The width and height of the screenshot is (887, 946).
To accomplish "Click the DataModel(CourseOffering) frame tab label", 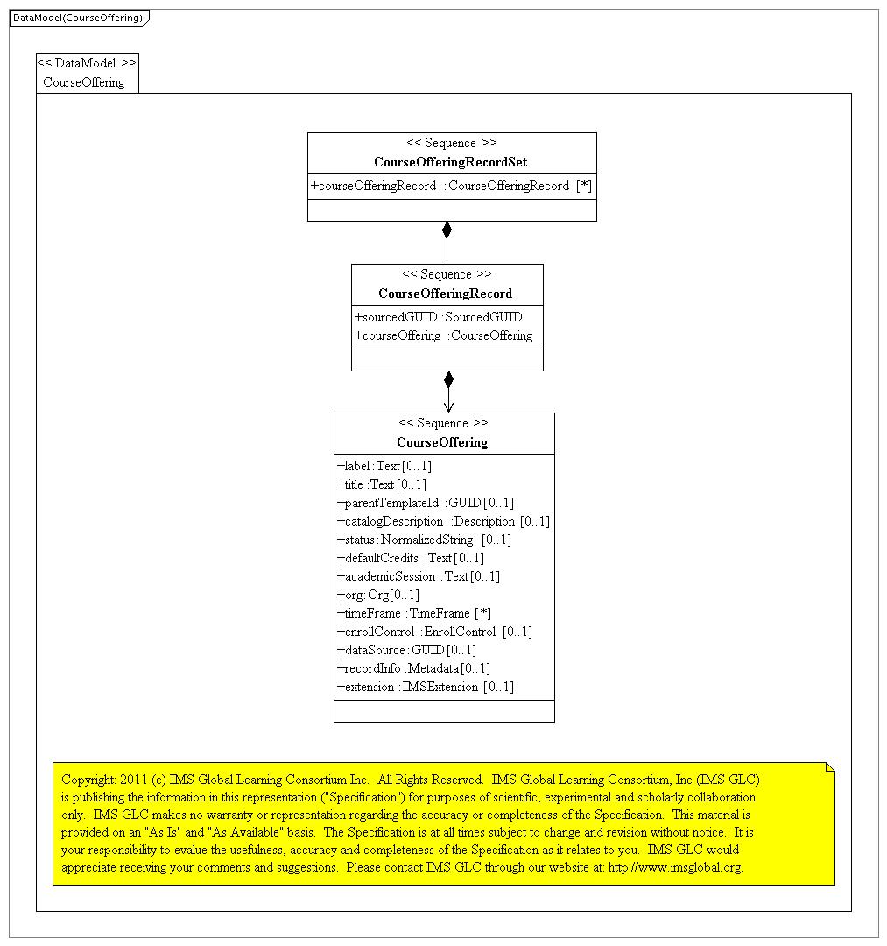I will click(x=77, y=18).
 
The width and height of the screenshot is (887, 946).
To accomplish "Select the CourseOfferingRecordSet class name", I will click(x=450, y=162).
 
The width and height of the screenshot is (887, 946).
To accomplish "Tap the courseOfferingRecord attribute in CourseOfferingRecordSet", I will click(x=451, y=186).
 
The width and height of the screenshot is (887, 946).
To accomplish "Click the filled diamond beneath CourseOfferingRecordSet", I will click(x=447, y=230).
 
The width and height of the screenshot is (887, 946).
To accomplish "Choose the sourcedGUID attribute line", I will click(x=438, y=317).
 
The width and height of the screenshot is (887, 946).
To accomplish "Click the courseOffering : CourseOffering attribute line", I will click(x=443, y=335).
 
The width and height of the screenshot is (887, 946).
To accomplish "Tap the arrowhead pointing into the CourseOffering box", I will click(x=448, y=406).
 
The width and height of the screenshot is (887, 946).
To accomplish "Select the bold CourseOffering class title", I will click(x=442, y=442).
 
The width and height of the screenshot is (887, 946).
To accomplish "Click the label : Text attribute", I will click(x=384, y=466).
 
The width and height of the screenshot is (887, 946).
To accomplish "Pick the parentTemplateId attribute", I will click(x=425, y=503).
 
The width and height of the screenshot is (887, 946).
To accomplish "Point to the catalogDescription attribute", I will click(x=442, y=521).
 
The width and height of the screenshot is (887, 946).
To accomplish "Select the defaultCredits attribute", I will click(x=410, y=558).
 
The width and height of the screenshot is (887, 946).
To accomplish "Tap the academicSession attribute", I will click(x=418, y=576).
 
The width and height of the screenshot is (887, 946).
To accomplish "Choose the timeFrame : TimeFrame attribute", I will click(x=413, y=613).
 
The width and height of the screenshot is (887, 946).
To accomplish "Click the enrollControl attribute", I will click(x=433, y=632).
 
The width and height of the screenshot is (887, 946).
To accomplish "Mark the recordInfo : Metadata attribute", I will click(x=413, y=668).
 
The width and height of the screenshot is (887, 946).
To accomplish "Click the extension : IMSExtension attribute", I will click(x=425, y=687).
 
